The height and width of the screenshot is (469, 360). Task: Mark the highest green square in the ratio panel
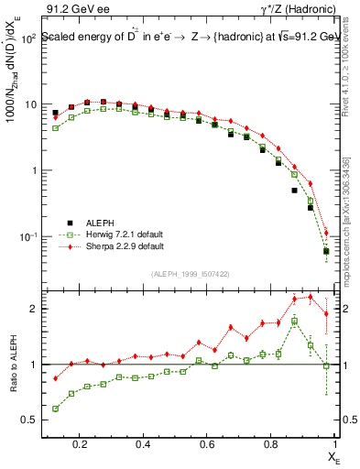tap(294, 322)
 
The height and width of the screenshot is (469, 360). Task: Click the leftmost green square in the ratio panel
tap(56, 409)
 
